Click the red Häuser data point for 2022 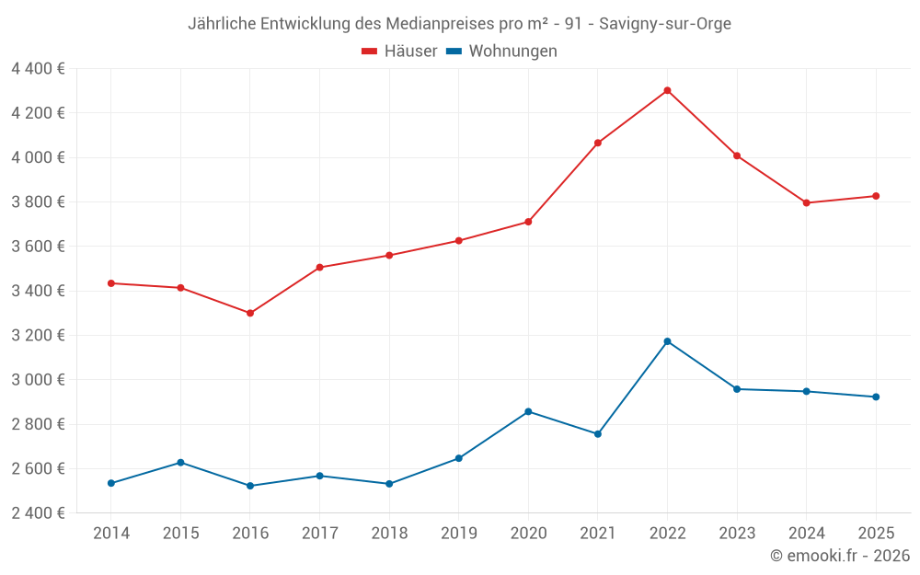[667, 90]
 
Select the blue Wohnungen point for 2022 [667, 341]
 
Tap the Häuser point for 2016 [250, 313]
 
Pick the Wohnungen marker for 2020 [528, 411]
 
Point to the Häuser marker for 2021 [598, 143]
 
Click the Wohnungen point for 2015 [180, 462]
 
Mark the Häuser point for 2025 [876, 196]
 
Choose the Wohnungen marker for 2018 [389, 484]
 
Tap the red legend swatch [370, 52]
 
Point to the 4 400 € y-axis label [38, 68]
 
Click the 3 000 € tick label [38, 379]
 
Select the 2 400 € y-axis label [38, 512]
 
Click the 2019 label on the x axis [458, 533]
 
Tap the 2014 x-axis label [111, 533]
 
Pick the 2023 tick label [737, 533]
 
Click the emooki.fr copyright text [840, 556]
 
